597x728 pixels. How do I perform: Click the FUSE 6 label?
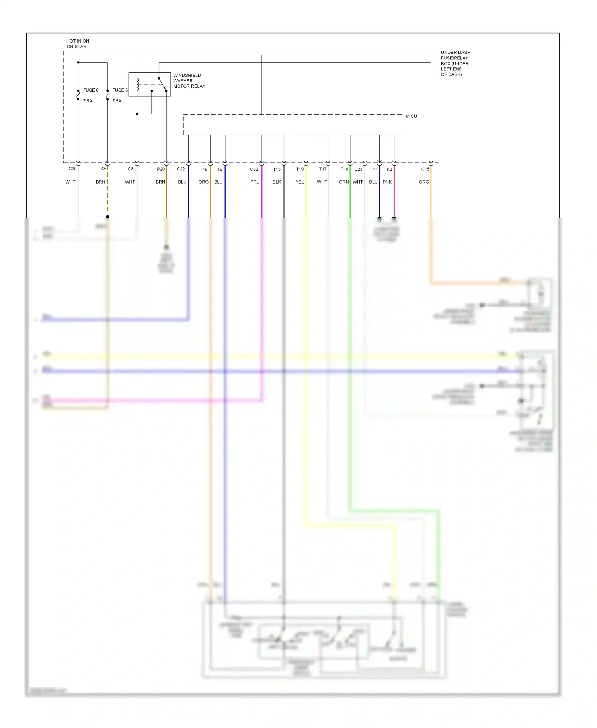click(90, 90)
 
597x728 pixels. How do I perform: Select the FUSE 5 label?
click(120, 90)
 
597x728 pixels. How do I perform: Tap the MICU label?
click(411, 116)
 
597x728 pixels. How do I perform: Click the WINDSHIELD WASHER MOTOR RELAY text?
click(189, 81)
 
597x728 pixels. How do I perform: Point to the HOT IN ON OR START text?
click(78, 44)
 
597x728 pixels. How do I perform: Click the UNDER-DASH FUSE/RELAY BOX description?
click(455, 63)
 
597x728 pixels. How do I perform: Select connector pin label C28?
click(72, 169)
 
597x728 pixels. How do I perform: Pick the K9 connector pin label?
click(103, 169)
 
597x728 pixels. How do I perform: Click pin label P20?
click(161, 169)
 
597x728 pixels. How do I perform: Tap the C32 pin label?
click(254, 169)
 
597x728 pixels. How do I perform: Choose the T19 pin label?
click(300, 169)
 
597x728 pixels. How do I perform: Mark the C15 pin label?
click(425, 169)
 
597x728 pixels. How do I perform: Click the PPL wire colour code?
click(254, 182)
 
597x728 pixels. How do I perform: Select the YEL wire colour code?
click(300, 182)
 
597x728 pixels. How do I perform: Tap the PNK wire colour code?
click(387, 182)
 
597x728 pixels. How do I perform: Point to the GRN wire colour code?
click(344, 182)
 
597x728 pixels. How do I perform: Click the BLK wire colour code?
click(277, 182)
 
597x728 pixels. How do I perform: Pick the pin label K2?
click(389, 169)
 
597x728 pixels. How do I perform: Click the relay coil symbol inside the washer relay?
click(138, 84)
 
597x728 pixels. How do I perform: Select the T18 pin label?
click(344, 169)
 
